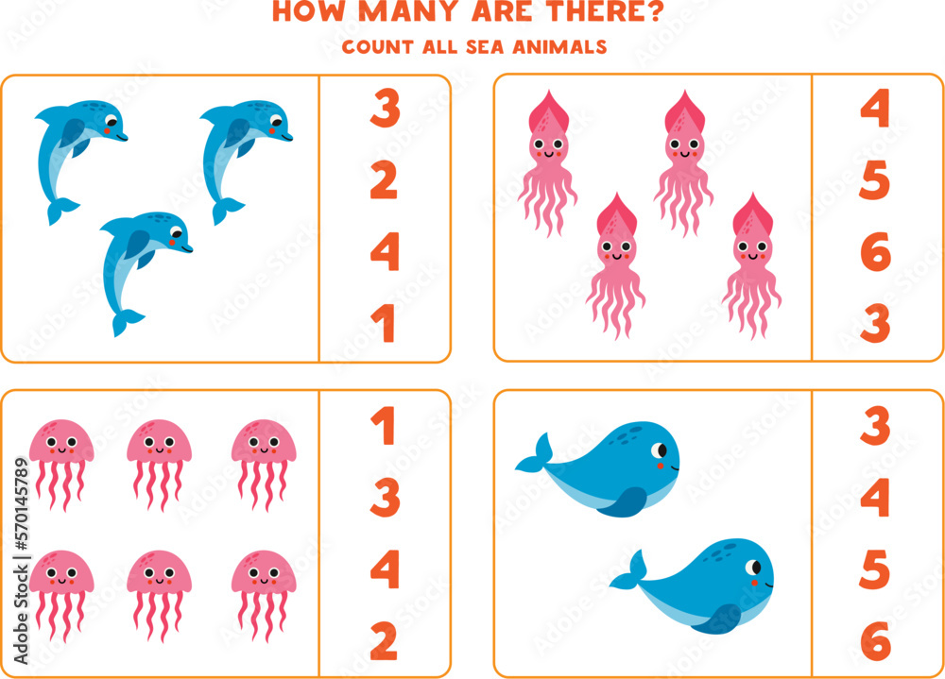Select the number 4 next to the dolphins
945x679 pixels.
(385, 252)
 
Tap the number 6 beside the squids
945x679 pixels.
(875, 253)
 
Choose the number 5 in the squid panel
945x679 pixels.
(875, 181)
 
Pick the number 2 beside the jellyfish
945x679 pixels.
(385, 642)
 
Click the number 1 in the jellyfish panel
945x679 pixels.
(383, 428)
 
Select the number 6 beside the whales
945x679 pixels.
(876, 643)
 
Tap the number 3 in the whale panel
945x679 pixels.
(875, 427)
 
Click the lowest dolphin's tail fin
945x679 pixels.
(125, 323)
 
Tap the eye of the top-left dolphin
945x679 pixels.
(112, 122)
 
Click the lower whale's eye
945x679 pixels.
(754, 568)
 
